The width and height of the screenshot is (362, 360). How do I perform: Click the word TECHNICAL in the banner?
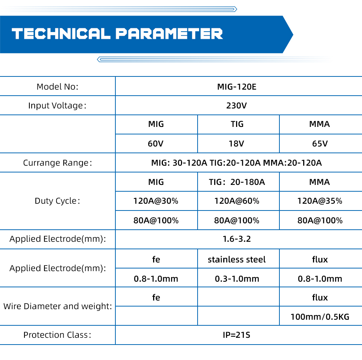[61, 34]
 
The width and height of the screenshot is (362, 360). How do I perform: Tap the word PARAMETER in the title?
[169, 34]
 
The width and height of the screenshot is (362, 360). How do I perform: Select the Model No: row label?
[57, 87]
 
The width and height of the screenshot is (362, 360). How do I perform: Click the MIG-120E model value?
[237, 87]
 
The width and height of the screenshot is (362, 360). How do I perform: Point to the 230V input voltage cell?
[236, 105]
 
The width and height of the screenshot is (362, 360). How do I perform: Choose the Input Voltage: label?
[57, 105]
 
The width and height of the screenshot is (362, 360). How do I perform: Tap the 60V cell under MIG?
[156, 144]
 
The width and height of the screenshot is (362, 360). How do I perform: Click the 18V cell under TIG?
[236, 144]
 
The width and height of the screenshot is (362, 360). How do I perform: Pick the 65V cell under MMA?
[320, 144]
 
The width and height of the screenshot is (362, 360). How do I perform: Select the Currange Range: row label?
[57, 163]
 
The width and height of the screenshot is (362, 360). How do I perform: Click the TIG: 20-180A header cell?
[237, 182]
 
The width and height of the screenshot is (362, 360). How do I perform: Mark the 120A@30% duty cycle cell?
[156, 201]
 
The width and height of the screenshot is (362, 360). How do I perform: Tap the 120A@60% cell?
[237, 201]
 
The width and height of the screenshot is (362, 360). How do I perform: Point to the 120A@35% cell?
[320, 201]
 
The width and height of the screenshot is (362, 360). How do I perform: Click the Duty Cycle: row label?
[57, 201]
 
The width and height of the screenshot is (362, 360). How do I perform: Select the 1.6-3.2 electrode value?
[237, 239]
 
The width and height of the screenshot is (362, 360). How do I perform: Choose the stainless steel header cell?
[237, 259]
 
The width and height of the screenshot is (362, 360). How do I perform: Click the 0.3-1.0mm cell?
[237, 279]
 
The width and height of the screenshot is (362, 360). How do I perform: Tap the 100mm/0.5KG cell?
[320, 317]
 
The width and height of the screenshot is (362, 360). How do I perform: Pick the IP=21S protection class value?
[236, 335]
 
